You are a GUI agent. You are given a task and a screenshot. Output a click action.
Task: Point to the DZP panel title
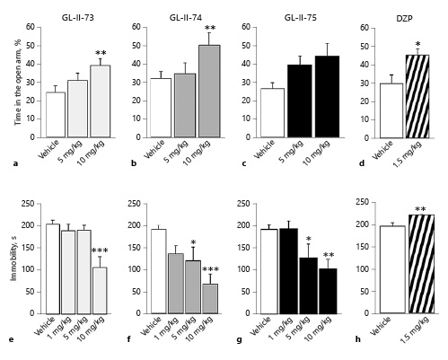pyautogui.click(x=404, y=16)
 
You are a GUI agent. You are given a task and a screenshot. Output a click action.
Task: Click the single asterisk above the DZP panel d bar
pyautogui.click(x=417, y=45)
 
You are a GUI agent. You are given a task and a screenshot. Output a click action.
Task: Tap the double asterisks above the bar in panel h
pyautogui.click(x=418, y=210)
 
